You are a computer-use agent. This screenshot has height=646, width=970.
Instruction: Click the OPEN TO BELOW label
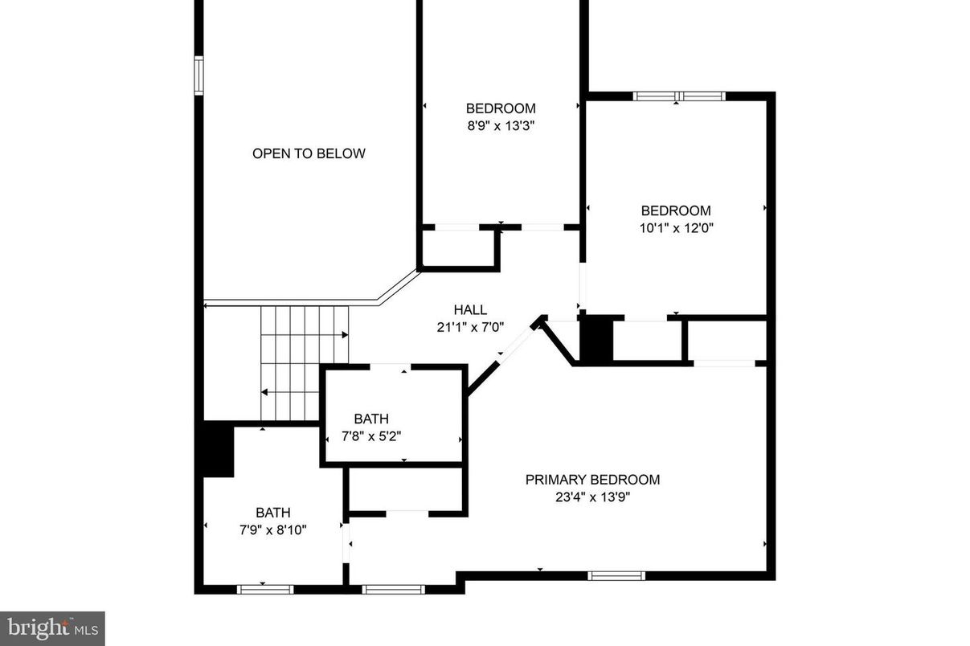click(309, 153)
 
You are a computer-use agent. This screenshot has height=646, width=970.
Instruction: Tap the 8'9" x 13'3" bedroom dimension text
click(501, 125)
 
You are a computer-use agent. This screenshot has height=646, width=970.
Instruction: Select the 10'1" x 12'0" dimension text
click(676, 227)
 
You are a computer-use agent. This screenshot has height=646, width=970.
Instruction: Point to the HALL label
click(470, 310)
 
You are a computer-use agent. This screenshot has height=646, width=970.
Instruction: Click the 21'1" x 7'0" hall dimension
click(470, 327)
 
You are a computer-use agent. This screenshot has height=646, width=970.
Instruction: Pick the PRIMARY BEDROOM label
click(592, 480)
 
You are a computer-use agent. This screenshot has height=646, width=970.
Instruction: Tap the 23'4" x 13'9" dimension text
click(592, 497)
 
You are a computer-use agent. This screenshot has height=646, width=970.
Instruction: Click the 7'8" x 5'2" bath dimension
click(371, 435)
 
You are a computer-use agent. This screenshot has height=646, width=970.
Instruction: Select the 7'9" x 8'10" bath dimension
click(273, 529)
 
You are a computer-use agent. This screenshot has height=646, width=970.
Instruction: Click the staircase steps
click(304, 362)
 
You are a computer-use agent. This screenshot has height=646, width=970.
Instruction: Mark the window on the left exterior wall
click(199, 76)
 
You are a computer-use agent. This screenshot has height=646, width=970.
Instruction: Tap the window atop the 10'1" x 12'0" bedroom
click(679, 96)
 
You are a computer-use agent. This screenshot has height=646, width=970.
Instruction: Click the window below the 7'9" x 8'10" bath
click(265, 589)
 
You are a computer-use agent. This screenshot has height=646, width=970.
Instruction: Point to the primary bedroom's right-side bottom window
click(616, 575)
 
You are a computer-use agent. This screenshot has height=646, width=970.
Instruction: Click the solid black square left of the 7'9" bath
click(218, 449)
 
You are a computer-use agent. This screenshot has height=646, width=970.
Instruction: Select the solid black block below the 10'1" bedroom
click(596, 340)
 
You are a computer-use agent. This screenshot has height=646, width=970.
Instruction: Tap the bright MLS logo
click(52, 628)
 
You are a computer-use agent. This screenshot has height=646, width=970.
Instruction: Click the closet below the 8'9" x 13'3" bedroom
click(458, 248)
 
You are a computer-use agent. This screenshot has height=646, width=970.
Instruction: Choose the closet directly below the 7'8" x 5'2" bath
click(406, 489)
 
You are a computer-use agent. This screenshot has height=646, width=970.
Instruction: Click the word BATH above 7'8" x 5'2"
click(371, 419)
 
